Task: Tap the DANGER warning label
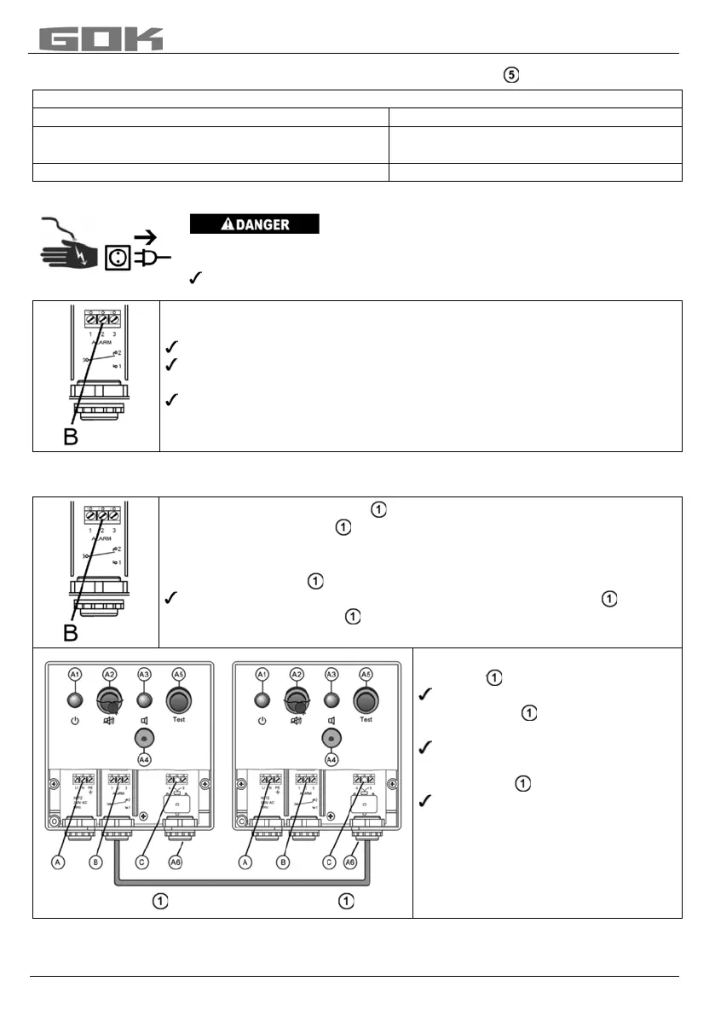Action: click(x=254, y=224)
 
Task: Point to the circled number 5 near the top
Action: click(x=510, y=76)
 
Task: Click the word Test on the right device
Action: click(x=366, y=719)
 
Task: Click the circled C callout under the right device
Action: click(x=329, y=862)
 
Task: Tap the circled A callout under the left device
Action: click(x=59, y=862)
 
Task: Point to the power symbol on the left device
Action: click(x=76, y=721)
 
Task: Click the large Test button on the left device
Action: click(x=178, y=701)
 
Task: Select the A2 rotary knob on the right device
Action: click(x=297, y=702)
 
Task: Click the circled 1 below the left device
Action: click(x=159, y=902)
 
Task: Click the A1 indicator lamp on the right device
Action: click(x=263, y=701)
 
